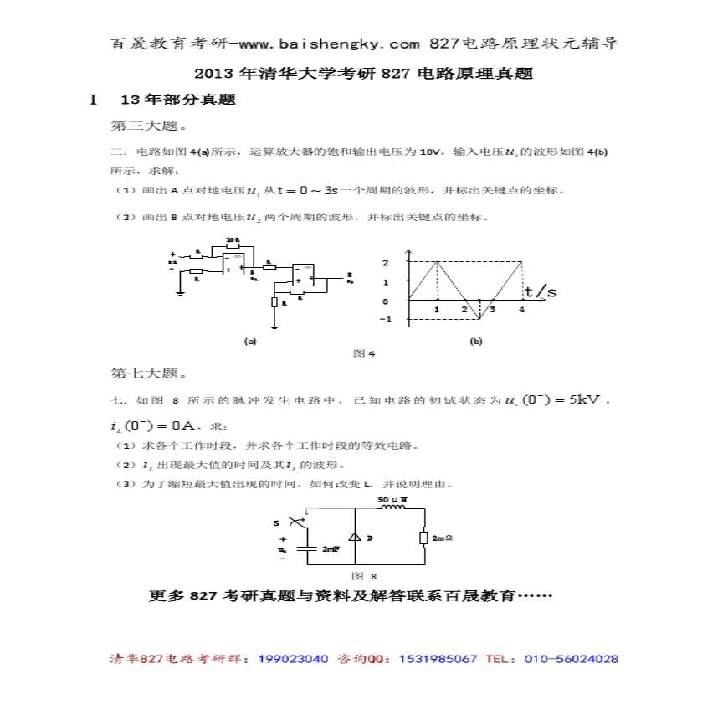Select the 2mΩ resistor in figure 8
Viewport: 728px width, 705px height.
click(425, 537)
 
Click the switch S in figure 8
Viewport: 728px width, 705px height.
click(293, 521)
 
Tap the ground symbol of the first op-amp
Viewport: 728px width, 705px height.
click(180, 292)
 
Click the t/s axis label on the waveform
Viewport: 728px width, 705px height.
click(539, 291)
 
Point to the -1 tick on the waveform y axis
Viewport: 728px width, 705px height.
click(386, 320)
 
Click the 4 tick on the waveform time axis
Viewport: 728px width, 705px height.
click(521, 310)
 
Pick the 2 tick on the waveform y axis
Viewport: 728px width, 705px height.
click(386, 262)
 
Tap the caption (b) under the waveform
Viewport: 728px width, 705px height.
click(476, 341)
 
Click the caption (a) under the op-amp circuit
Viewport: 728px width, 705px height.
click(249, 341)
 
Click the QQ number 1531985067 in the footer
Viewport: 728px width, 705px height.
click(439, 659)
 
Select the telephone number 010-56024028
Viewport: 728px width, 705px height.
click(572, 659)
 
